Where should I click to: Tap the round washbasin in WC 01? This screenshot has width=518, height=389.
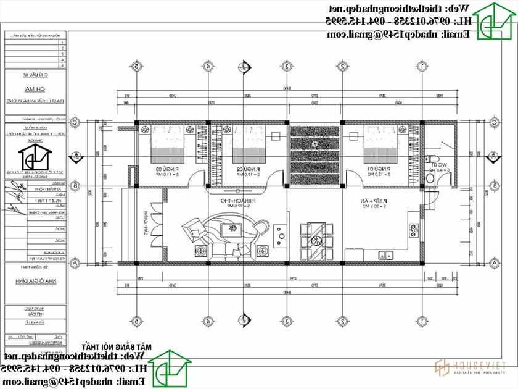(x=435, y=178)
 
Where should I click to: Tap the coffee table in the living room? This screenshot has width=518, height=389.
(x=234, y=230)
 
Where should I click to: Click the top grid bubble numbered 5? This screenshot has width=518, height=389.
(x=137, y=66)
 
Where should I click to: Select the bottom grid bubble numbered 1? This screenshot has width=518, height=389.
(x=422, y=321)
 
